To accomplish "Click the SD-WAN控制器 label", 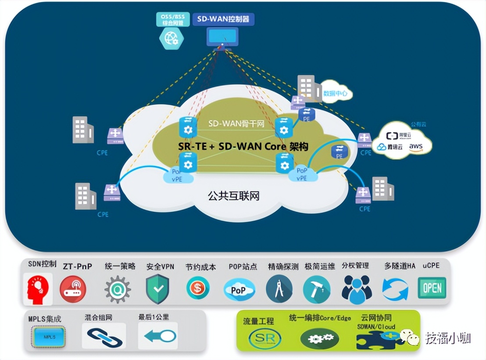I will pyautogui.click(x=223, y=19).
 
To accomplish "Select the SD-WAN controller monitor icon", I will pyautogui.click(x=222, y=37).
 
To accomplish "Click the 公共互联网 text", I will pyautogui.click(x=233, y=196).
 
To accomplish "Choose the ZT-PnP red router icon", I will pyautogui.click(x=73, y=289).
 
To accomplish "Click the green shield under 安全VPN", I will pyautogui.click(x=157, y=288).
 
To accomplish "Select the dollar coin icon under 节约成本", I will pyautogui.click(x=198, y=288).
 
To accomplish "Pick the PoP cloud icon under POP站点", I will pyautogui.click(x=239, y=290).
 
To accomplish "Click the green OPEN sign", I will pyautogui.click(x=432, y=288).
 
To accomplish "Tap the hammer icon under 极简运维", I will pyautogui.click(x=317, y=289).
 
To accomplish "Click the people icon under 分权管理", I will pyautogui.click(x=357, y=289).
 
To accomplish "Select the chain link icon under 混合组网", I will pyautogui.click(x=104, y=336).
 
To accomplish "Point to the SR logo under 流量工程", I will pyautogui.click(x=265, y=338).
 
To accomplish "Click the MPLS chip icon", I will pyautogui.click(x=48, y=337).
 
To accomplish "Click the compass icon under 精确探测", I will pyautogui.click(x=279, y=289).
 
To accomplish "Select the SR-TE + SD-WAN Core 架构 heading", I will pyautogui.click(x=243, y=147).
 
